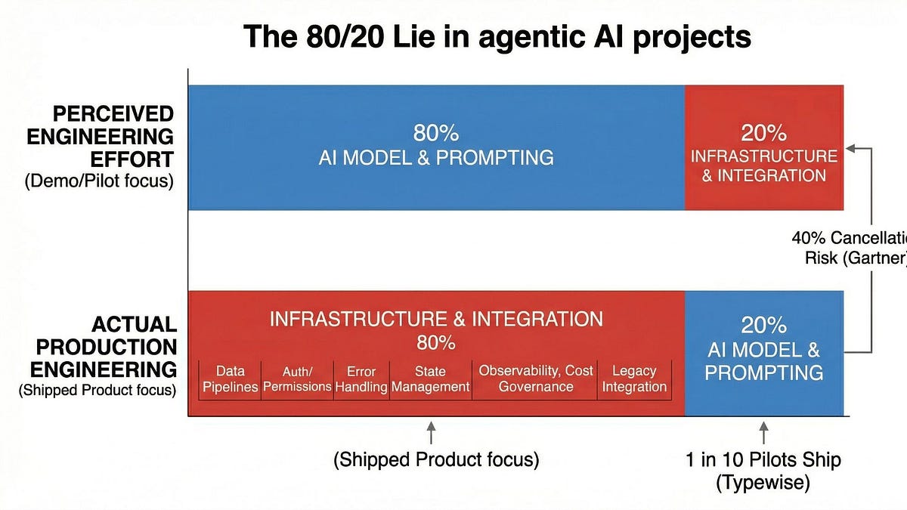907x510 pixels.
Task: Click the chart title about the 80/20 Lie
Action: [x=497, y=36]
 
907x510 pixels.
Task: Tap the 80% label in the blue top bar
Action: [x=435, y=134]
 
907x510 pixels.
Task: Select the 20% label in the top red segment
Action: [x=763, y=134]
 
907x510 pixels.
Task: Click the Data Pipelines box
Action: [x=230, y=379]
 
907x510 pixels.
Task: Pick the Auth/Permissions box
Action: [x=297, y=379]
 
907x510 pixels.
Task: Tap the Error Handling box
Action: [x=361, y=379]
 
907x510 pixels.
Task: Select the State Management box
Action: [x=430, y=379]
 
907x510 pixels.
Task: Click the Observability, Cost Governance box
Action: [x=535, y=379]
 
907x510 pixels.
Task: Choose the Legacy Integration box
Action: [x=634, y=379]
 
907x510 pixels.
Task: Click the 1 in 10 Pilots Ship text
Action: [x=763, y=459]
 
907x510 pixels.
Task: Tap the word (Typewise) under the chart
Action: [x=763, y=482]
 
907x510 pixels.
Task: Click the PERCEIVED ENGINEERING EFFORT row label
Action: [x=113, y=137]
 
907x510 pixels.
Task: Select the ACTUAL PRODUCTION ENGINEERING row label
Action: [x=113, y=348]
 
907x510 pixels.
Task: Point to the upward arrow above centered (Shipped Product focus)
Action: [x=431, y=433]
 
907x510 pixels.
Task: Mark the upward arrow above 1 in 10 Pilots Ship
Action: [x=763, y=433]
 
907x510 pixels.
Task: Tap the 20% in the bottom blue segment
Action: [x=763, y=325]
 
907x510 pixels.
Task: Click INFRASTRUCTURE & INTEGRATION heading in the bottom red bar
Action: [x=435, y=319]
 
